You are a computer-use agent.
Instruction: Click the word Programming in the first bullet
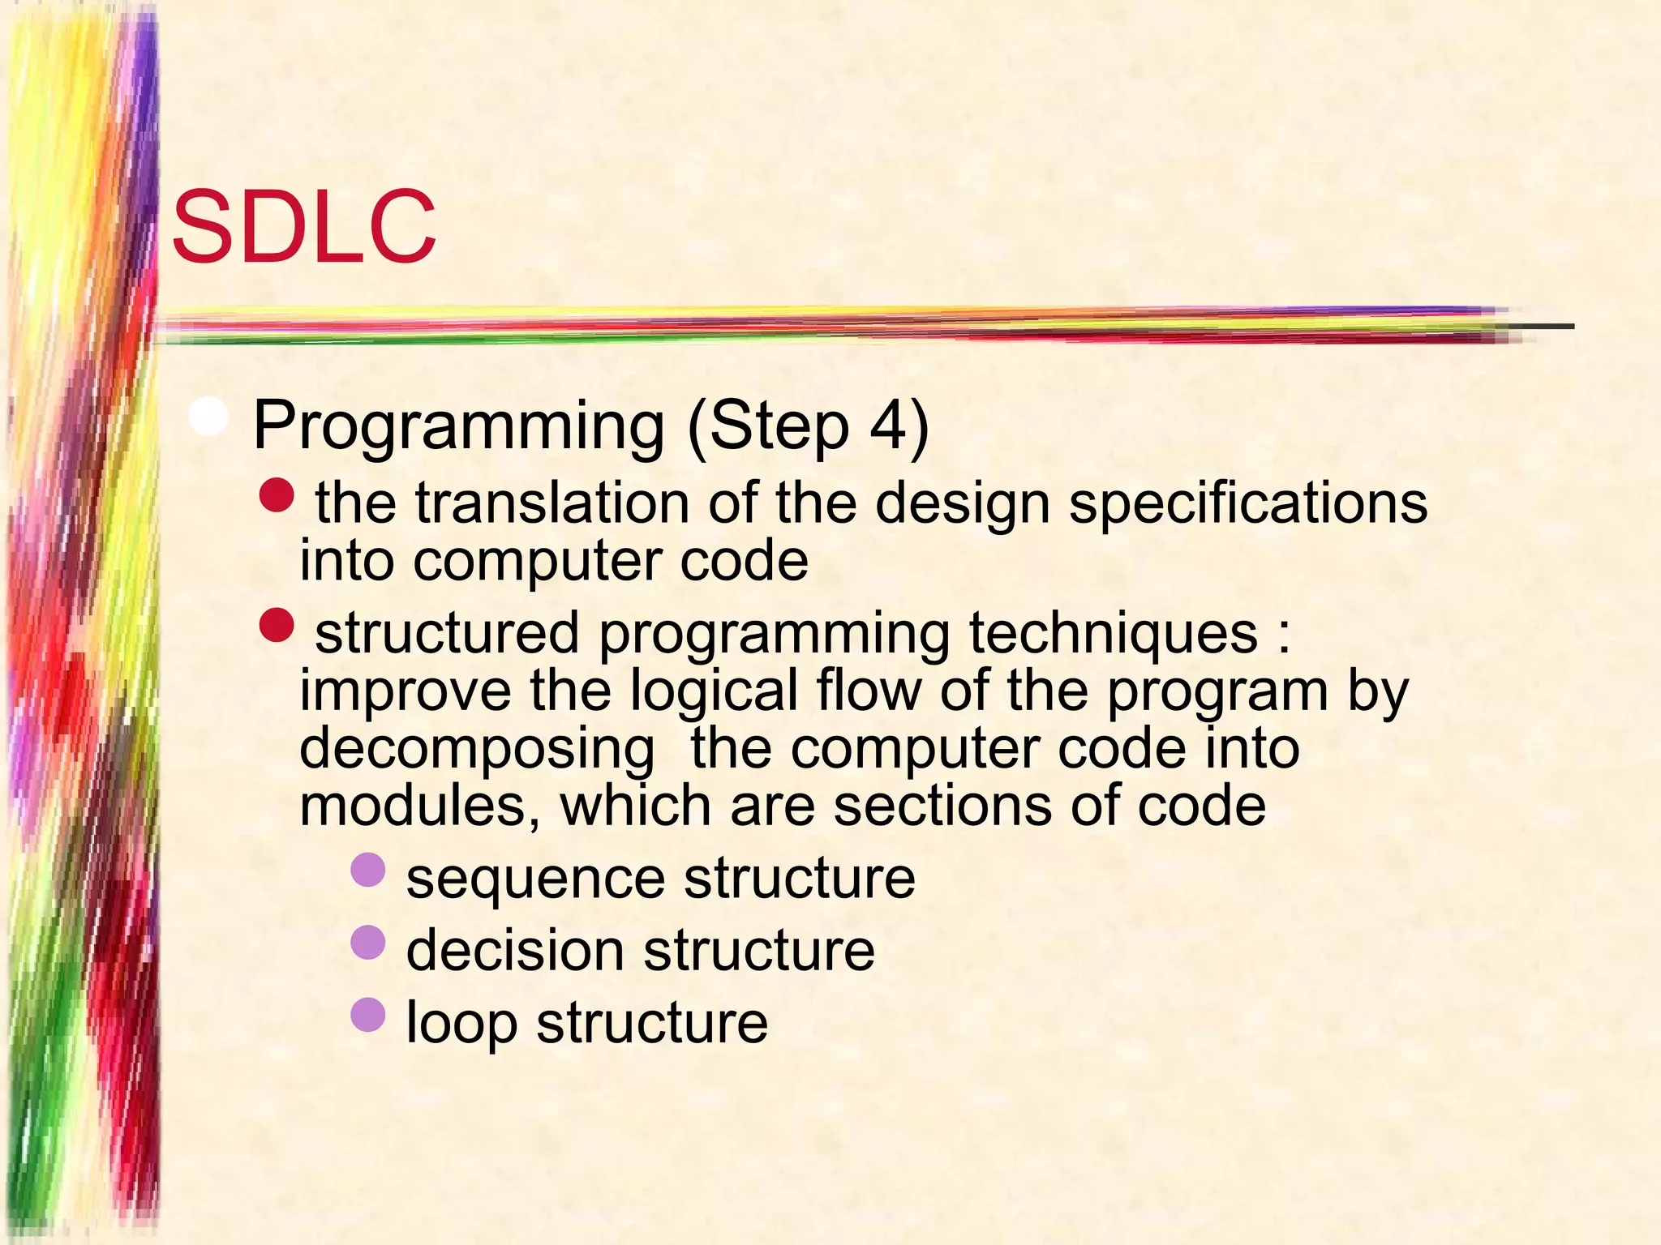tap(458, 426)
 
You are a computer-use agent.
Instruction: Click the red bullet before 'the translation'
tap(277, 495)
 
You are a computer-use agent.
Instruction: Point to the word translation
tap(552, 503)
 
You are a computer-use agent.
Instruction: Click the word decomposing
tap(477, 750)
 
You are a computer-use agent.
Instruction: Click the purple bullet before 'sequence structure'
tap(368, 870)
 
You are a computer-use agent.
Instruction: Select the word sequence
tap(535, 879)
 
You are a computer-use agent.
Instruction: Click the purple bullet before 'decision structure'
tap(368, 942)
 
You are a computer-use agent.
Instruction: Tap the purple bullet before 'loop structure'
tap(368, 1014)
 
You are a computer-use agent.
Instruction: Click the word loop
tap(461, 1023)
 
